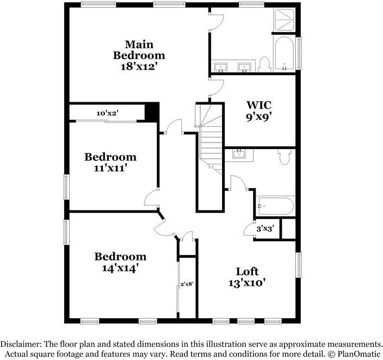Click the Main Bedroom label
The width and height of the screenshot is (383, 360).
(139, 49)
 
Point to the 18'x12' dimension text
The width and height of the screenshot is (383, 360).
(139, 66)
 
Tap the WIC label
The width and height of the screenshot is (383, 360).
(258, 104)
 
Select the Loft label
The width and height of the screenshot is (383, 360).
(247, 271)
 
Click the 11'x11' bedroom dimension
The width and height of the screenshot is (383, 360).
(110, 168)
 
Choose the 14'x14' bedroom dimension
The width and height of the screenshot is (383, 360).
(120, 268)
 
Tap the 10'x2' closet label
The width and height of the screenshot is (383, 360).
(108, 113)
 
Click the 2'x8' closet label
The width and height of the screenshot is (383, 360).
(187, 283)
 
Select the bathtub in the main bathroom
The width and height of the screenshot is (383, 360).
(285, 55)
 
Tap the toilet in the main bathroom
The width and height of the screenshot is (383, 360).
(264, 64)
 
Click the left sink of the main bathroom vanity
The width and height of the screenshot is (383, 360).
(221, 68)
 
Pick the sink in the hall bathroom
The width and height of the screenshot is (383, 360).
(238, 154)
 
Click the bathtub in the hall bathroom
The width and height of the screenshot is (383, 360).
(275, 206)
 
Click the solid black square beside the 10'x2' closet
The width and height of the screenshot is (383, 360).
(151, 112)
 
